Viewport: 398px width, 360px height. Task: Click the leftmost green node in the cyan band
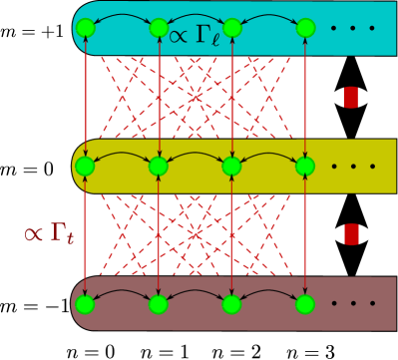point(86,28)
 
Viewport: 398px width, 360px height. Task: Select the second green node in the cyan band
point(159,28)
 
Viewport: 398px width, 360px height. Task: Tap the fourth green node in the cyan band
point(305,28)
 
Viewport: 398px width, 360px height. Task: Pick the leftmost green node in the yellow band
point(85,166)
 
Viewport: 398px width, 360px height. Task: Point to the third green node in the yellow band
point(231,166)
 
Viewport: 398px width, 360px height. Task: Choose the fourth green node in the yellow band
point(305,166)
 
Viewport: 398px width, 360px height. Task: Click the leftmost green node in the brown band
point(85,303)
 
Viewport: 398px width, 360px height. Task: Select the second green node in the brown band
point(158,303)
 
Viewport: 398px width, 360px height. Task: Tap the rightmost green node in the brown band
point(305,303)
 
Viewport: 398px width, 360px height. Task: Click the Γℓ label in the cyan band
point(194,36)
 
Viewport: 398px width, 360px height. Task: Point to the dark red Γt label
point(49,234)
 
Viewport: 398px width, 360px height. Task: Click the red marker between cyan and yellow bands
point(350,97)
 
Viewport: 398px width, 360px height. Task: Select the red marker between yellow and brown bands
point(351,234)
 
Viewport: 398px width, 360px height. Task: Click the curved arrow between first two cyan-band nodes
point(122,17)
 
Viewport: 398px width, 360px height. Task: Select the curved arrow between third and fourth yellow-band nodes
point(268,155)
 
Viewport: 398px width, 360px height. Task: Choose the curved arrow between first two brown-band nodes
point(122,293)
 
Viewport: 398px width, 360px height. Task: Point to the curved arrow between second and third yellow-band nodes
point(195,155)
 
